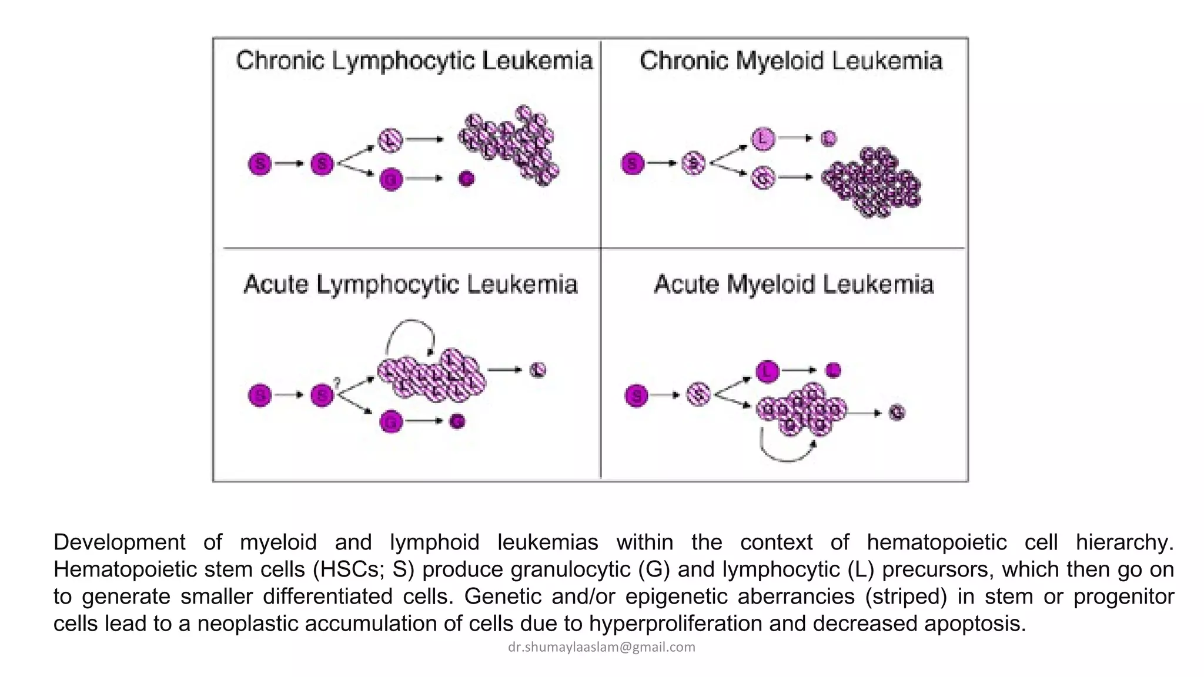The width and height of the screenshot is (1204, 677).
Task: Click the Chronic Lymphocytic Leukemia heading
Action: [x=414, y=61]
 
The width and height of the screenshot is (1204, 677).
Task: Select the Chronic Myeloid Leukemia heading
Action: [x=791, y=61]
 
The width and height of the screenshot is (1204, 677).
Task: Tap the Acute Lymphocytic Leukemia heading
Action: [x=410, y=284]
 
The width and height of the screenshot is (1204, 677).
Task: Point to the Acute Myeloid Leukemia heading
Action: [x=794, y=284]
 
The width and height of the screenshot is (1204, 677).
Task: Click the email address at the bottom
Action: [x=601, y=647]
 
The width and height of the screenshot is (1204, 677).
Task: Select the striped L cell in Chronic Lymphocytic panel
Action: [x=390, y=140]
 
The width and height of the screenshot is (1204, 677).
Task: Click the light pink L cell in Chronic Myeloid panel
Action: [x=763, y=139]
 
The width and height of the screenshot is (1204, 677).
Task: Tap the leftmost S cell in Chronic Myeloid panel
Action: [x=633, y=163]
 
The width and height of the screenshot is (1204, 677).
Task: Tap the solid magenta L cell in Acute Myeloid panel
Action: [x=767, y=371]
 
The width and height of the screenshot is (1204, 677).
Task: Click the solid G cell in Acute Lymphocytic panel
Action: [x=391, y=421]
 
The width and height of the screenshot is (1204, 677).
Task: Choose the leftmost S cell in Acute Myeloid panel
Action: [x=636, y=396]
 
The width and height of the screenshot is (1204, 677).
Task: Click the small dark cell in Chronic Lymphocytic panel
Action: [x=466, y=178]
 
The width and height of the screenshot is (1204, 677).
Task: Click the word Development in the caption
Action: [x=119, y=542]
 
